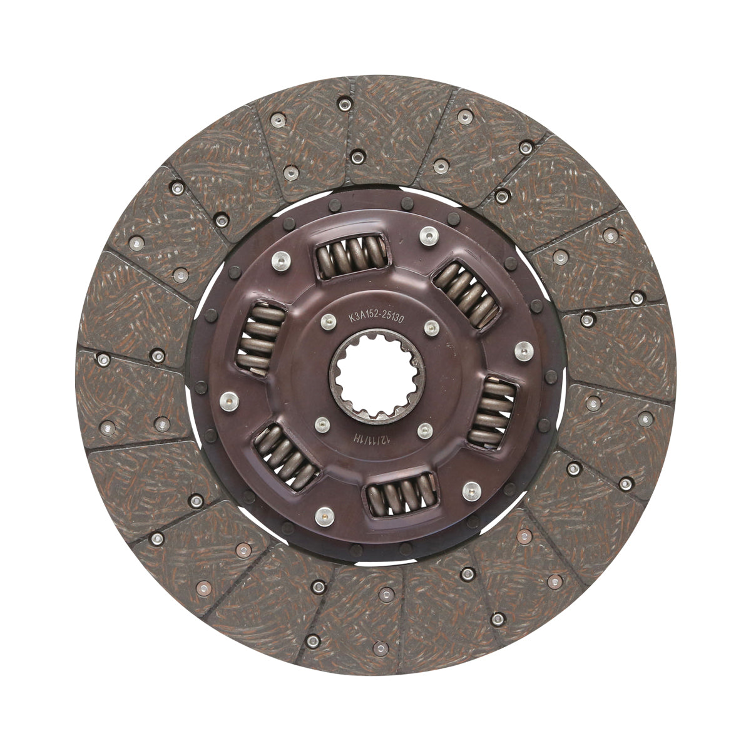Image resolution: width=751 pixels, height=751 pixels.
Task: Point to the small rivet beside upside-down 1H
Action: [322, 424]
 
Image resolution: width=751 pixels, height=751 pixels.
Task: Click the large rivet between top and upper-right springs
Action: [427, 235]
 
